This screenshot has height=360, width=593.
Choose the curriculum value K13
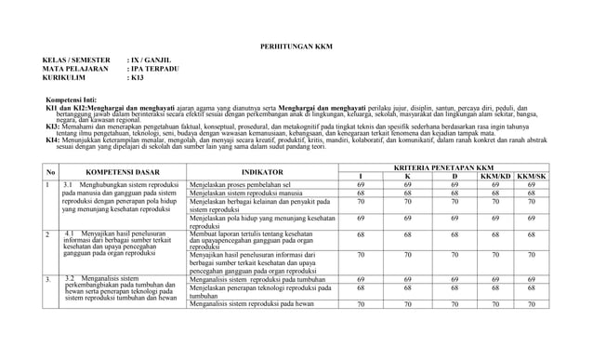pyautogui.click(x=138, y=78)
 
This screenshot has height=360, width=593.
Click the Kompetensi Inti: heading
pyautogui.click(x=86, y=98)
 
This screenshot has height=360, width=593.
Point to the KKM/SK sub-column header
pyautogui.click(x=533, y=176)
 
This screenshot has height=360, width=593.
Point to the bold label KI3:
pyautogui.click(x=54, y=124)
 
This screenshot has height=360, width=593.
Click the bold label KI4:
pyautogui.click(x=54, y=139)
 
